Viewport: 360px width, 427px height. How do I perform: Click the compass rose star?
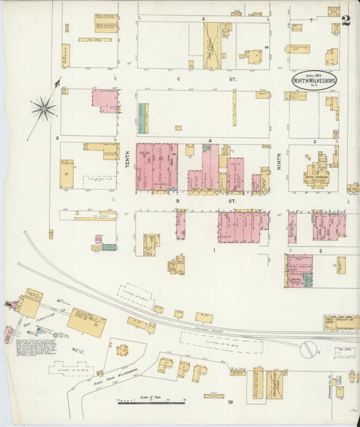click(44, 107)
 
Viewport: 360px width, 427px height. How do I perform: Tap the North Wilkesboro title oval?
click(314, 80)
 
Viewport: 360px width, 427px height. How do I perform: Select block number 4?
click(210, 141)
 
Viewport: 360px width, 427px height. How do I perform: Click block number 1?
click(214, 251)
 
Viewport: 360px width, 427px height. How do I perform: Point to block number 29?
click(230, 403)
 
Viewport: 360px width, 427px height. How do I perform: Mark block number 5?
click(58, 139)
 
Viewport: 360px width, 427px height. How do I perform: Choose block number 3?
click(314, 142)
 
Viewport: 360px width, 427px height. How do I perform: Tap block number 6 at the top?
click(202, 18)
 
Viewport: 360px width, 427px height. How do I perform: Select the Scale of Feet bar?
click(151, 403)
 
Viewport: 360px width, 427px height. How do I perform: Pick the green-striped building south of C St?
click(143, 118)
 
